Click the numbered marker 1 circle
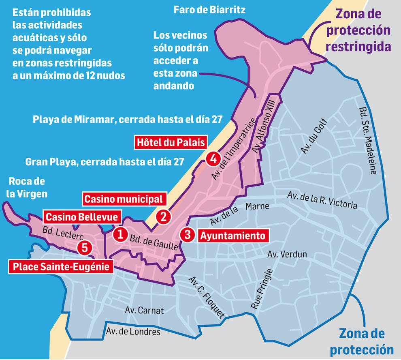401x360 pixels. coord(120,234)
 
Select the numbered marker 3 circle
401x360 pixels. coord(188,234)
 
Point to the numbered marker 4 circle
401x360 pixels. coord(213,159)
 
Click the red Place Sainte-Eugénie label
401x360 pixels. coord(61,266)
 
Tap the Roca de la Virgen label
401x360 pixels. coord(27,187)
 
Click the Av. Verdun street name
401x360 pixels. coord(287,255)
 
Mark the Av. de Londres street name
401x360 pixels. coord(133,332)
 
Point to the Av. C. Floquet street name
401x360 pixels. coord(207,297)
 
